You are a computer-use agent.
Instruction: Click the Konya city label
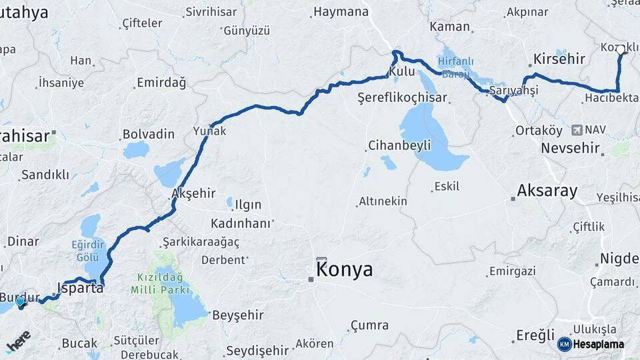(345, 270)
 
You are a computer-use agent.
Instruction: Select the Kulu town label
(402, 71)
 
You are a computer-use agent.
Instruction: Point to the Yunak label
(210, 131)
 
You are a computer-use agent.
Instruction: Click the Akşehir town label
(193, 193)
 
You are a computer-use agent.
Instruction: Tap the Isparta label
(81, 288)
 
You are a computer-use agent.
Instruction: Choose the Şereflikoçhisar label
(402, 97)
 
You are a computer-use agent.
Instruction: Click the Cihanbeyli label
(400, 145)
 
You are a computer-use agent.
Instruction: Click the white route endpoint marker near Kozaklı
(621, 49)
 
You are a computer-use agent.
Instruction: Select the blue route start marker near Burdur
(20, 302)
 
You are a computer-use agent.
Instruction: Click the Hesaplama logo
(591, 344)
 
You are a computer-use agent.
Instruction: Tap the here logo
(19, 341)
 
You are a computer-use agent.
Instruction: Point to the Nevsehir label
(570, 148)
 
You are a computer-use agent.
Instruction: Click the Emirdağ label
(161, 83)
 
